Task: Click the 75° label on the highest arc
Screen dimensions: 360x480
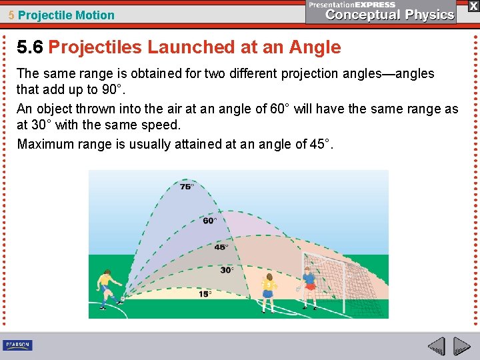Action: click(187, 187)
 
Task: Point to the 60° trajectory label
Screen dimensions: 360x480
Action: click(209, 220)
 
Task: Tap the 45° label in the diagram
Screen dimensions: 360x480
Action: click(221, 247)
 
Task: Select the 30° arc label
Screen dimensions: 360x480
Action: click(227, 270)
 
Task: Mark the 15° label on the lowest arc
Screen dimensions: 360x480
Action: click(205, 294)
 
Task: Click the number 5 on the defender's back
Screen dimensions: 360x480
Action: click(269, 285)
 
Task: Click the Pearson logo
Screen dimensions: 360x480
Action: click(17, 345)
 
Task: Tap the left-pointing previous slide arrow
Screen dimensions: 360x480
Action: click(437, 346)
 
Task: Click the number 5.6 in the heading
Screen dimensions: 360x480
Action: click(30, 47)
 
